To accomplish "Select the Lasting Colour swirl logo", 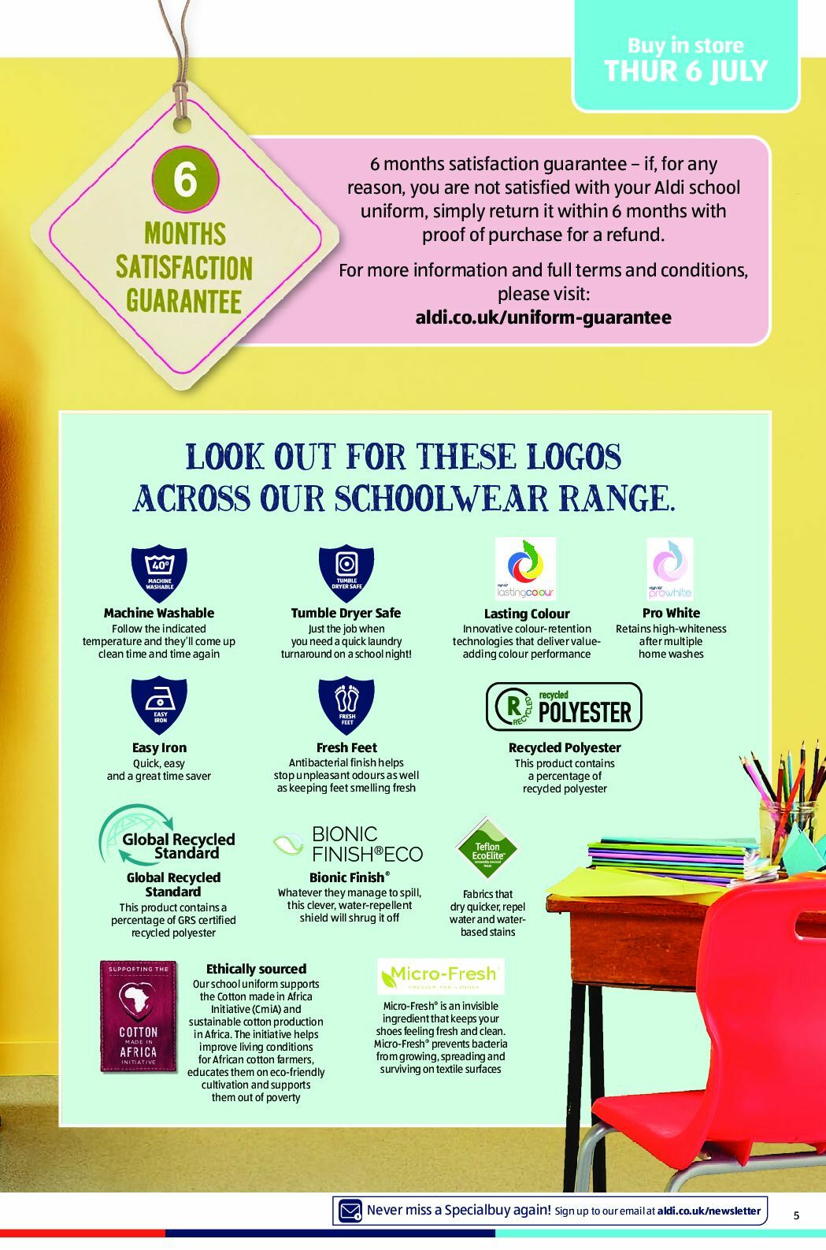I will (x=525, y=569).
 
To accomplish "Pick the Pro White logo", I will (x=670, y=569).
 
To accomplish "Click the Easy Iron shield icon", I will (x=159, y=705).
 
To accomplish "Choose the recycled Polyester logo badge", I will (x=564, y=707).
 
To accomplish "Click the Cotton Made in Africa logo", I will (x=139, y=1016).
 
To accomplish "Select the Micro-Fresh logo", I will (x=440, y=976).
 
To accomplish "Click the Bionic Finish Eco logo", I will (x=348, y=844).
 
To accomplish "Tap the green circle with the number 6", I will (x=185, y=179).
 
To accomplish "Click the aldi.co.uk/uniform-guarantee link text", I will (x=543, y=317).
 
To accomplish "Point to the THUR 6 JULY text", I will (x=686, y=72).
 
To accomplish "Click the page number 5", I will (x=796, y=1215).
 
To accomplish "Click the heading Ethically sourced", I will (x=256, y=969).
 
